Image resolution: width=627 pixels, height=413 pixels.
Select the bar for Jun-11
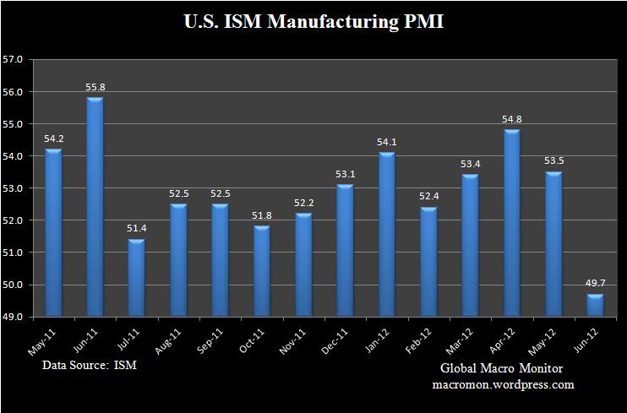click(95, 208)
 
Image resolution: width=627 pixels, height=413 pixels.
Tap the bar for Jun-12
click(596, 305)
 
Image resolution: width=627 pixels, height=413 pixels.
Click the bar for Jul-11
click(137, 278)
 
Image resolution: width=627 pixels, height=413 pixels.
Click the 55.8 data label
click(95, 87)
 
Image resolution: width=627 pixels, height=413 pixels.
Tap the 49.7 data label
click(596, 284)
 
